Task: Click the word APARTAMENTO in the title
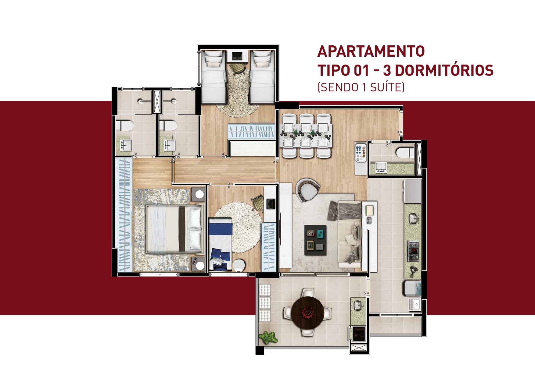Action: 371,51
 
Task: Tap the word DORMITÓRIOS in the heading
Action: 443,70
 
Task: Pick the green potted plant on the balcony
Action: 268,337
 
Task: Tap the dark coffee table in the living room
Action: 315,238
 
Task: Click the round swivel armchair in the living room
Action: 307,189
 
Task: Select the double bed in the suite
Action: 174,229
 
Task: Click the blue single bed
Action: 221,244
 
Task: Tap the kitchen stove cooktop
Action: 413,251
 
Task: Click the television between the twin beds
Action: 237,56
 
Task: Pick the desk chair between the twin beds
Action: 238,67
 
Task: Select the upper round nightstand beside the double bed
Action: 199,194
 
